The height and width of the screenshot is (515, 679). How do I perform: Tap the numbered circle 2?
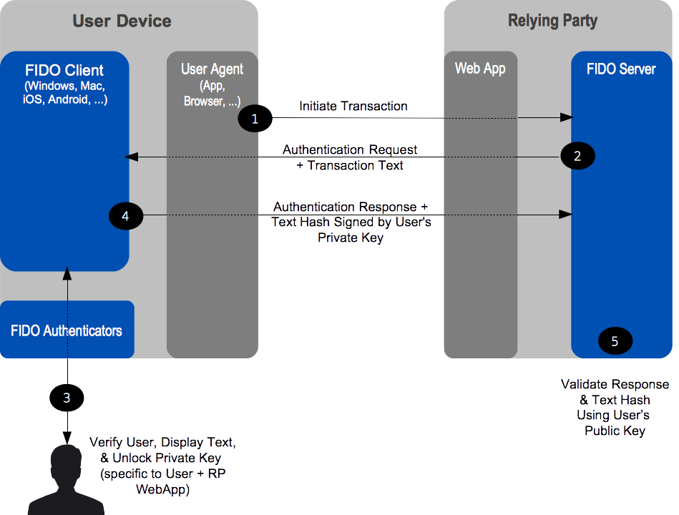pos(577,156)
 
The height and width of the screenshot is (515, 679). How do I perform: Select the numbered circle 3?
pos(67,398)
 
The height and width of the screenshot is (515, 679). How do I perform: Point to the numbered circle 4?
pos(126,215)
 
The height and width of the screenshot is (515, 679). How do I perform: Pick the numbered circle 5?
pos(615,341)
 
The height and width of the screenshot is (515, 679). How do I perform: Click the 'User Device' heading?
pos(122,21)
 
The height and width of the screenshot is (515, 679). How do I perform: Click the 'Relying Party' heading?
pos(552,21)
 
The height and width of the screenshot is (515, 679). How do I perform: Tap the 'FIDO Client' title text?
pos(64,70)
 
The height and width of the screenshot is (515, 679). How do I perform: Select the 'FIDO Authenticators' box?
pos(67,330)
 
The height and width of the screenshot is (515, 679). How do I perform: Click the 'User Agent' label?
pos(212,69)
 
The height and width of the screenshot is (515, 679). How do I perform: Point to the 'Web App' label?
pos(480,69)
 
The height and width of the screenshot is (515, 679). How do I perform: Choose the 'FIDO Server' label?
pos(620,69)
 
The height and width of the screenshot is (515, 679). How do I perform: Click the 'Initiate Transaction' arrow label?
pos(353,107)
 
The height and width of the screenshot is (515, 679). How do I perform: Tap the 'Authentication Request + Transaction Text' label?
pos(350,157)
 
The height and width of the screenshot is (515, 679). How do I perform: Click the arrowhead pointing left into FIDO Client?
pos(130,157)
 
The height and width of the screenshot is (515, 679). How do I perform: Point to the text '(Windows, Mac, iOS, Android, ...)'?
pos(65,93)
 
